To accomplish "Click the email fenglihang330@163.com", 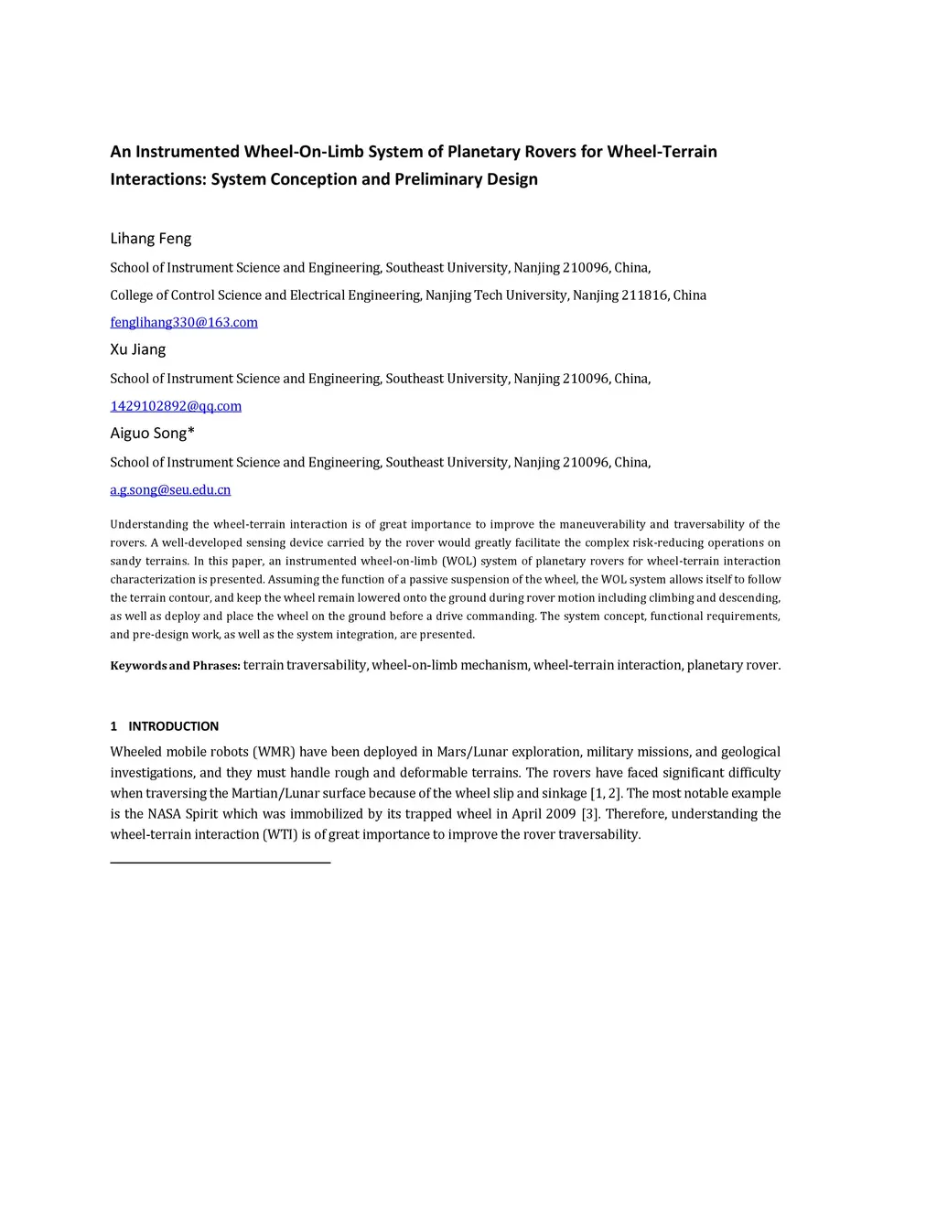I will coord(184,322).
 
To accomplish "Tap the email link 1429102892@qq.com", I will coord(176,406).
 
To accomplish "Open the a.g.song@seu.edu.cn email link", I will coord(170,490).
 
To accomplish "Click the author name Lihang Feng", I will coord(151,239).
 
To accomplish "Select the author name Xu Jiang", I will coord(138,349).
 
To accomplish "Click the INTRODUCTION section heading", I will coord(173,726).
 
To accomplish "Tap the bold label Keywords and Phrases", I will coord(175,666).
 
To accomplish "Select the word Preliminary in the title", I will coord(438,179).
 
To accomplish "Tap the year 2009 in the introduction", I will coord(560,814).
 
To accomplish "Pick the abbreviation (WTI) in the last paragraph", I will coord(281,834).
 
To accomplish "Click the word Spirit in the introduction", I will coord(201,814).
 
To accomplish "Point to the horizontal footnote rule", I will coord(220,862).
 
